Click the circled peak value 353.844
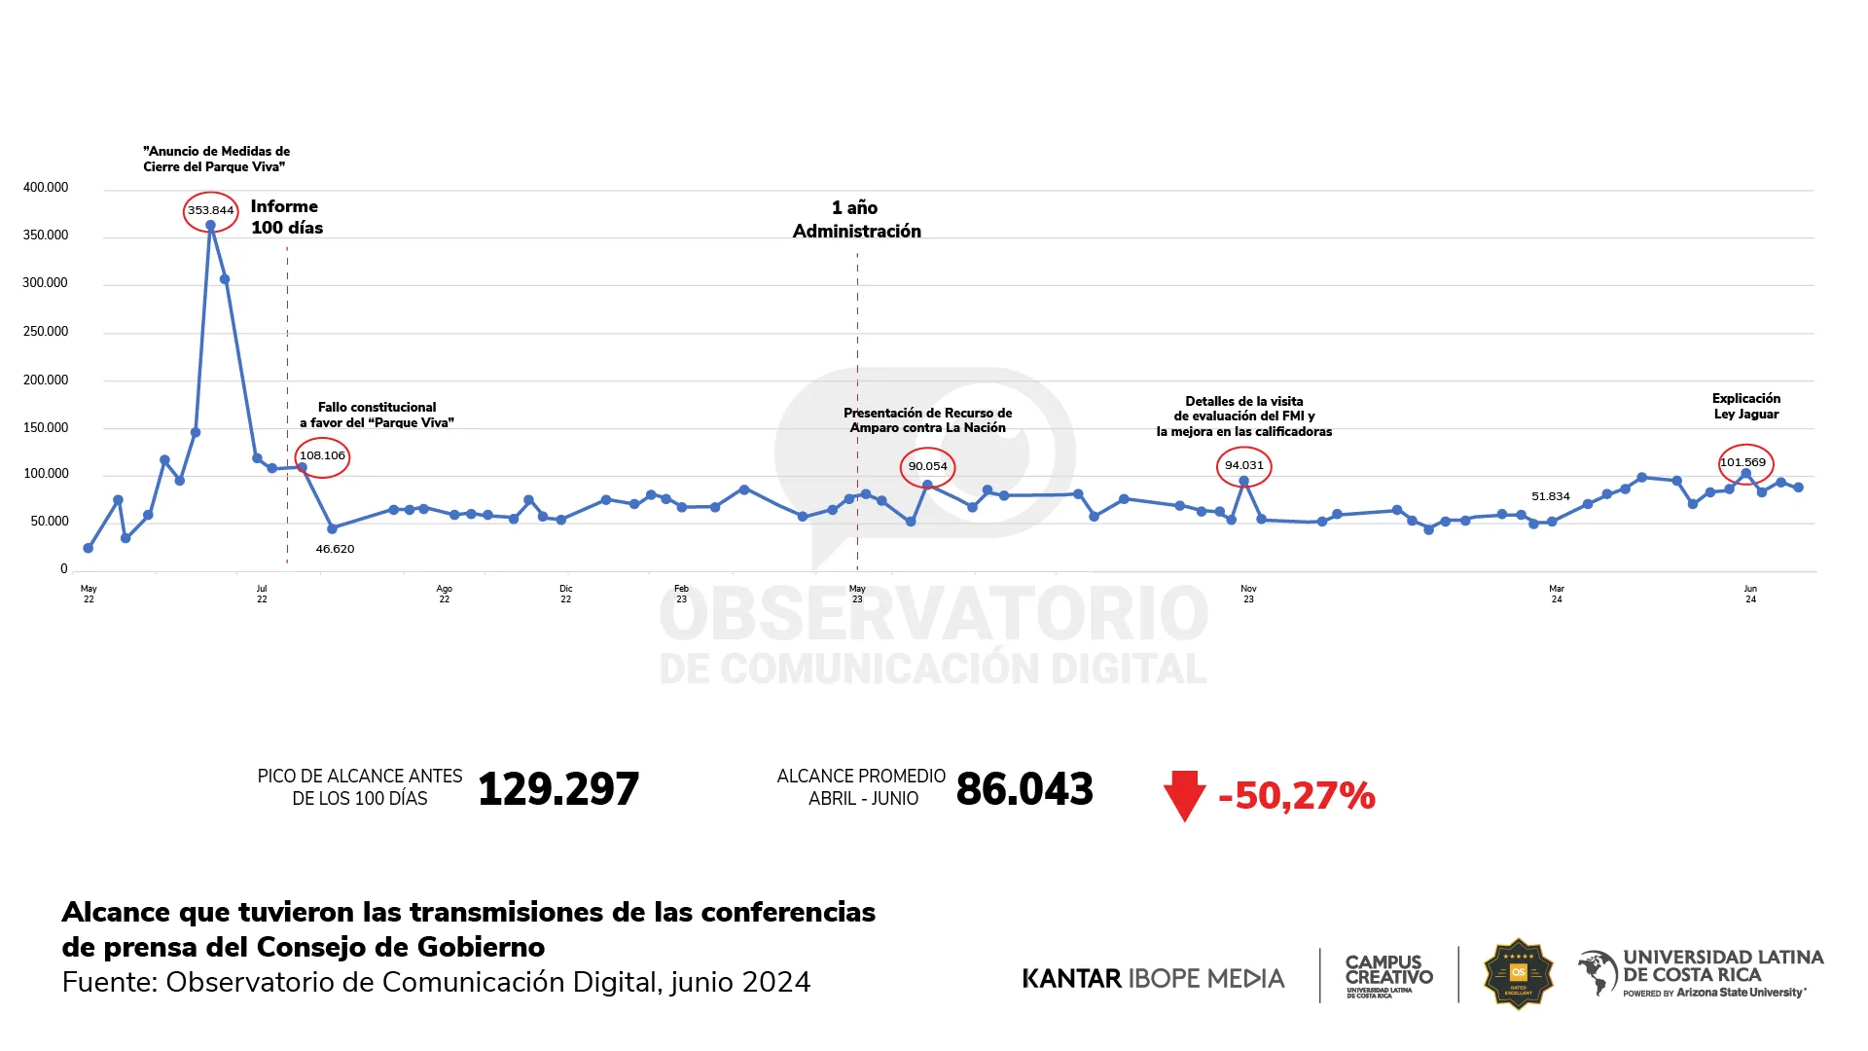pos(210,210)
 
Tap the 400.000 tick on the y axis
pos(46,188)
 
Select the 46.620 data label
pos(335,549)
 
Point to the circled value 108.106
pos(322,455)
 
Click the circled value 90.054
pos(927,466)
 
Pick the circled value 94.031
pos(1243,465)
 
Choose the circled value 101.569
pos(1742,462)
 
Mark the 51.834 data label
pos(1550,496)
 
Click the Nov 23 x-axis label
pos(1248,594)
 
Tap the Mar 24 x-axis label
pos(1556,594)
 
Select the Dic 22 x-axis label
pos(565,594)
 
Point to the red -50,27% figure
pos(1297,796)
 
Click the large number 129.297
pos(558,789)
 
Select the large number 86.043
pos(1024,789)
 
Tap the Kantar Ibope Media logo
pos(1153,978)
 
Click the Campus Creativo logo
pos(1388,974)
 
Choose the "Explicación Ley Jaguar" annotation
pos(1745,406)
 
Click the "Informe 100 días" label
pos(286,217)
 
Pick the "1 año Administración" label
pos(856,219)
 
